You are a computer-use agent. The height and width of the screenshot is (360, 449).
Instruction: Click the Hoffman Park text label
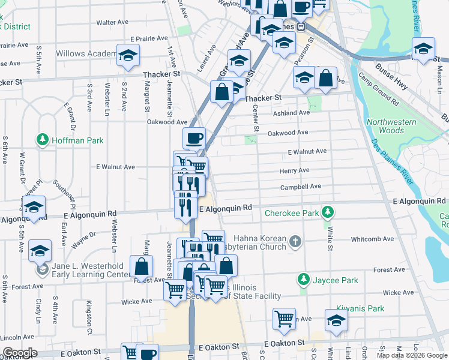point(77,140)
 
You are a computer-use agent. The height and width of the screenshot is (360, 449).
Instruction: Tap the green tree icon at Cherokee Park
point(328,212)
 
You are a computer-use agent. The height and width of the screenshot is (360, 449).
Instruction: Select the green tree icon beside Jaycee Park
point(304,280)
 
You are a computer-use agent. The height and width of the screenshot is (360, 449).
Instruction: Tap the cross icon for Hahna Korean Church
point(294,241)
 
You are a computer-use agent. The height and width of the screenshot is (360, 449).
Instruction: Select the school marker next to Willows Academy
point(127,56)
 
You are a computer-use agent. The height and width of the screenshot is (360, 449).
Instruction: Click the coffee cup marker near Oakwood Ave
point(193,139)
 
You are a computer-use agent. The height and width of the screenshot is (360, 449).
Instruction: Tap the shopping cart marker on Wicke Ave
point(175,289)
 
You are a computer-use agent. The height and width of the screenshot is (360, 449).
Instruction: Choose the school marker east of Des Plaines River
point(423,49)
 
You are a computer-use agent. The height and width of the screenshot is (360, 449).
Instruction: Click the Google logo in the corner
point(20,353)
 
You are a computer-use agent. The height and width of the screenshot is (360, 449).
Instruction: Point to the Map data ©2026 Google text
point(411,355)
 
